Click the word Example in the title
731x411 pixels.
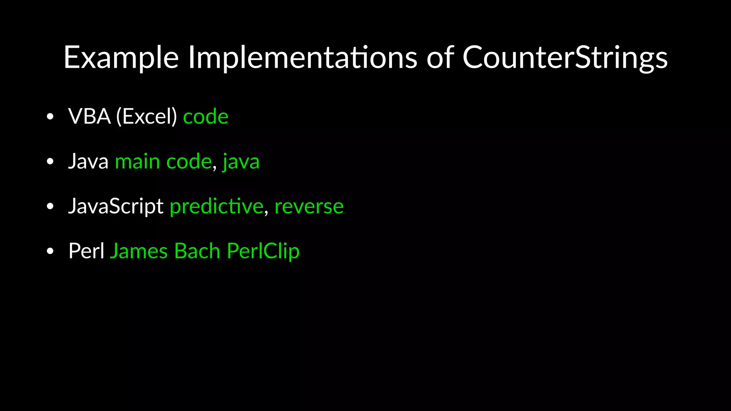click(121, 58)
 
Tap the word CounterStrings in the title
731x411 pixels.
click(565, 58)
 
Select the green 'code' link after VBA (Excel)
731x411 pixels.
click(206, 117)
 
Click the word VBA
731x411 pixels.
click(90, 117)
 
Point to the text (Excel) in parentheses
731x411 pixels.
click(147, 117)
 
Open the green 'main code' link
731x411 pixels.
click(163, 162)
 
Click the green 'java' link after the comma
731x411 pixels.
click(241, 162)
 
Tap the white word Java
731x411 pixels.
click(88, 162)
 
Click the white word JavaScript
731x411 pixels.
click(116, 207)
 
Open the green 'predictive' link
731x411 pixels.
click(216, 207)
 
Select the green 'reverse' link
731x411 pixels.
click(309, 207)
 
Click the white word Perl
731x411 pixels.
click(86, 251)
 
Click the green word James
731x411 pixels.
click(139, 251)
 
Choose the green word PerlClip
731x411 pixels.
click(263, 251)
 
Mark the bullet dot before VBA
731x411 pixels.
click(50, 117)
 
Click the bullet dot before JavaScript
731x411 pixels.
click(50, 207)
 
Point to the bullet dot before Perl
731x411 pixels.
click(50, 251)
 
